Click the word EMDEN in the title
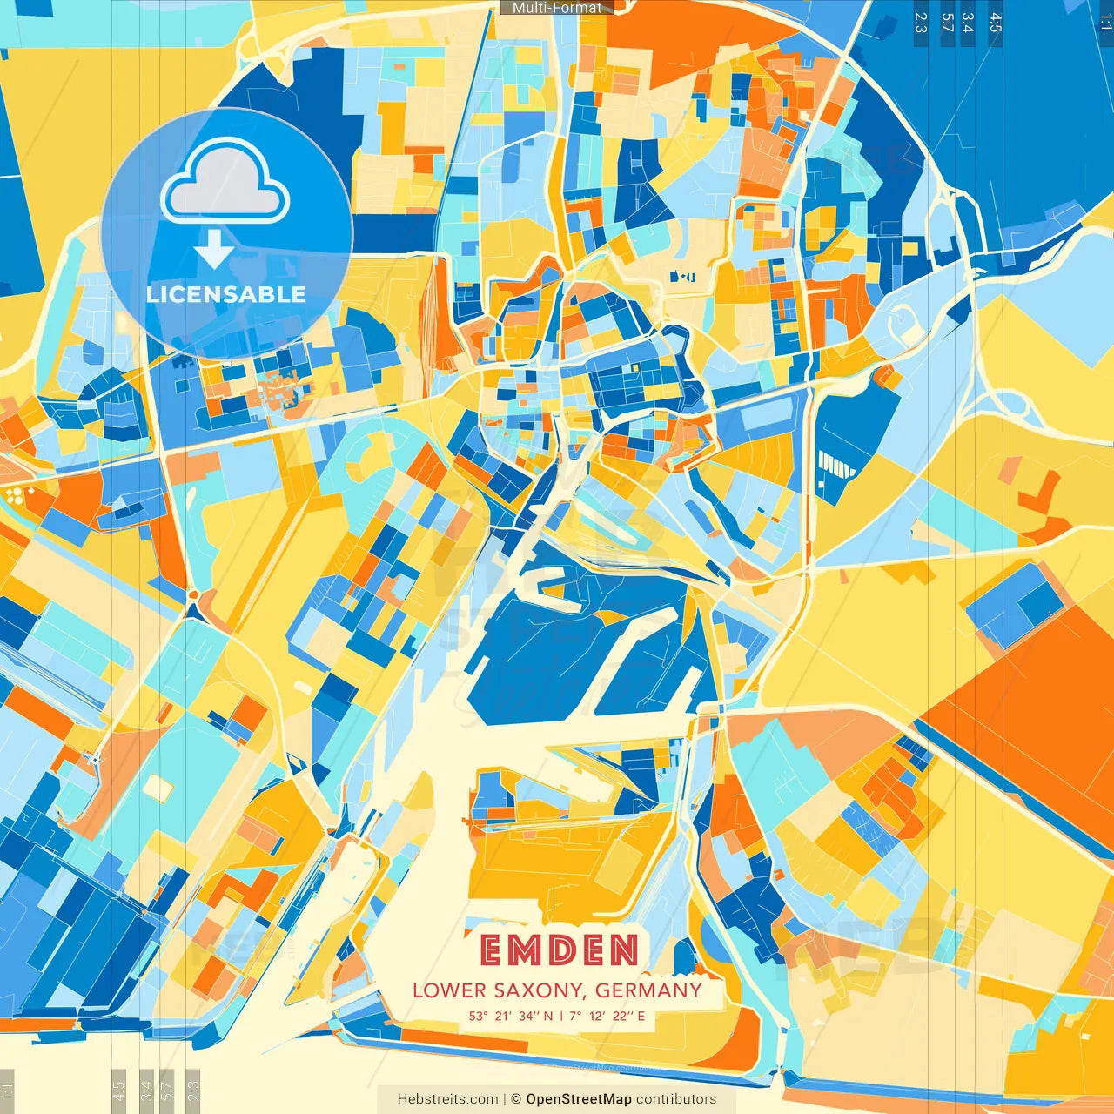(x=558, y=950)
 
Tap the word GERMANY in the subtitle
(x=648, y=990)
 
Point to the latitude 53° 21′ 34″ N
(x=511, y=1016)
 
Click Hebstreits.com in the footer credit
(x=447, y=1099)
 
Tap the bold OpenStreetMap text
(x=579, y=1099)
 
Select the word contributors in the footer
(x=676, y=1099)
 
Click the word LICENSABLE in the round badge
(x=226, y=294)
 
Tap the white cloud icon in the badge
(x=225, y=182)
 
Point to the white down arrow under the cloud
(x=214, y=250)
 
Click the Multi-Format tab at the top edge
(x=557, y=8)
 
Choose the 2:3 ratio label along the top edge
(x=921, y=23)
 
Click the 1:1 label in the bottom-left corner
(x=8, y=1091)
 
